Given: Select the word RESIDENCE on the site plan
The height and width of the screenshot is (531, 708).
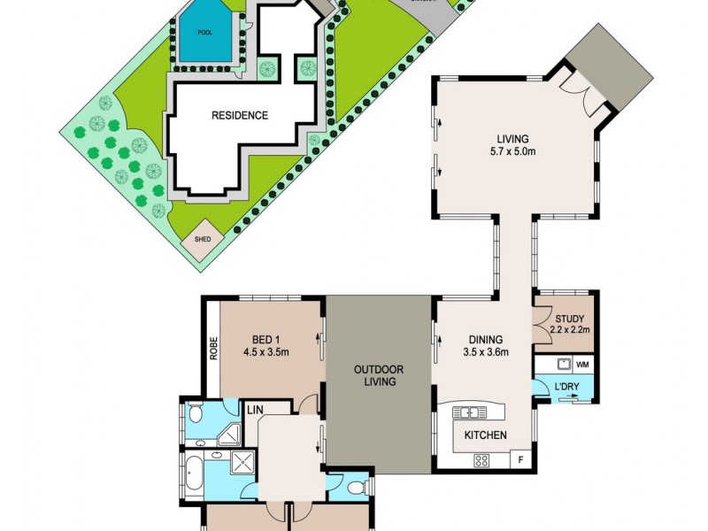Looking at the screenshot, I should (239, 115).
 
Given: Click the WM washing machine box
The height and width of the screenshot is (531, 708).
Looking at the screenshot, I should (582, 364).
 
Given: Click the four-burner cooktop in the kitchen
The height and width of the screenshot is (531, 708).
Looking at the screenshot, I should (482, 459).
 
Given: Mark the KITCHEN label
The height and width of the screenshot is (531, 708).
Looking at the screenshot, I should (486, 435).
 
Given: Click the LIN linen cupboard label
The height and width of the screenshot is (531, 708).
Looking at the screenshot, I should (256, 409).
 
